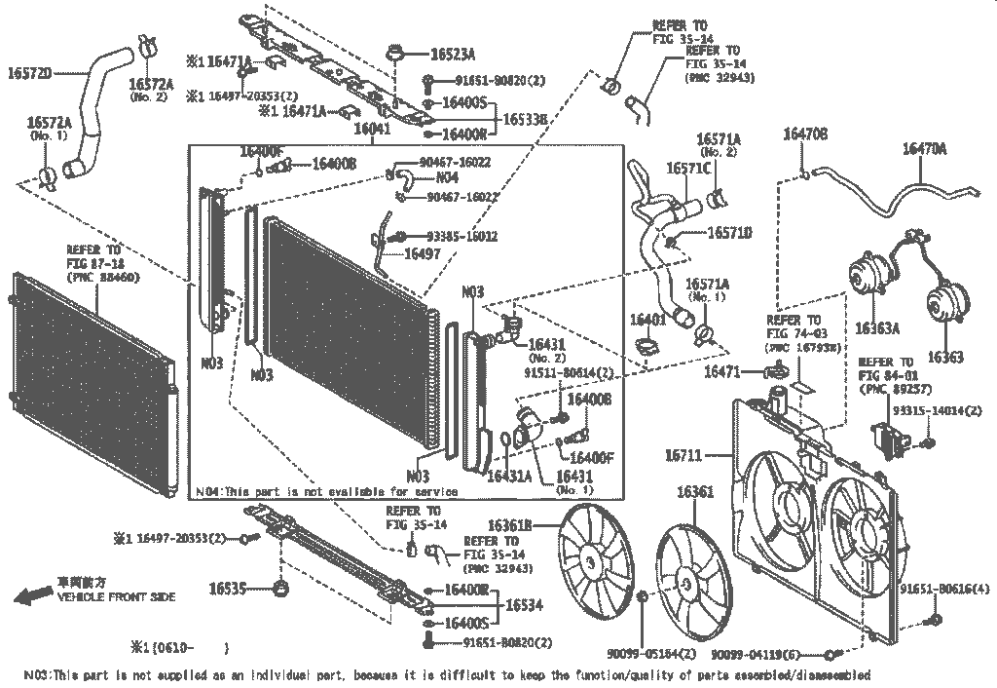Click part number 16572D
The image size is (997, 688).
[x=29, y=72]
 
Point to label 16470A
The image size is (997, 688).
[x=924, y=148]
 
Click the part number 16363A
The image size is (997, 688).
[x=877, y=328]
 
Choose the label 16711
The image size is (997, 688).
[x=684, y=454]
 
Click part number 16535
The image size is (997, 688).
[x=227, y=588]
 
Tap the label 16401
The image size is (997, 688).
[x=646, y=320]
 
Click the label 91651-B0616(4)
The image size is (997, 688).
[x=943, y=591]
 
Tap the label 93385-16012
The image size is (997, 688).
[x=462, y=236]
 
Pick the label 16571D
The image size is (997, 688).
[x=729, y=233]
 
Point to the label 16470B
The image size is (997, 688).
[x=805, y=134]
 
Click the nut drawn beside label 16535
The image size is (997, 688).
[x=281, y=588]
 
